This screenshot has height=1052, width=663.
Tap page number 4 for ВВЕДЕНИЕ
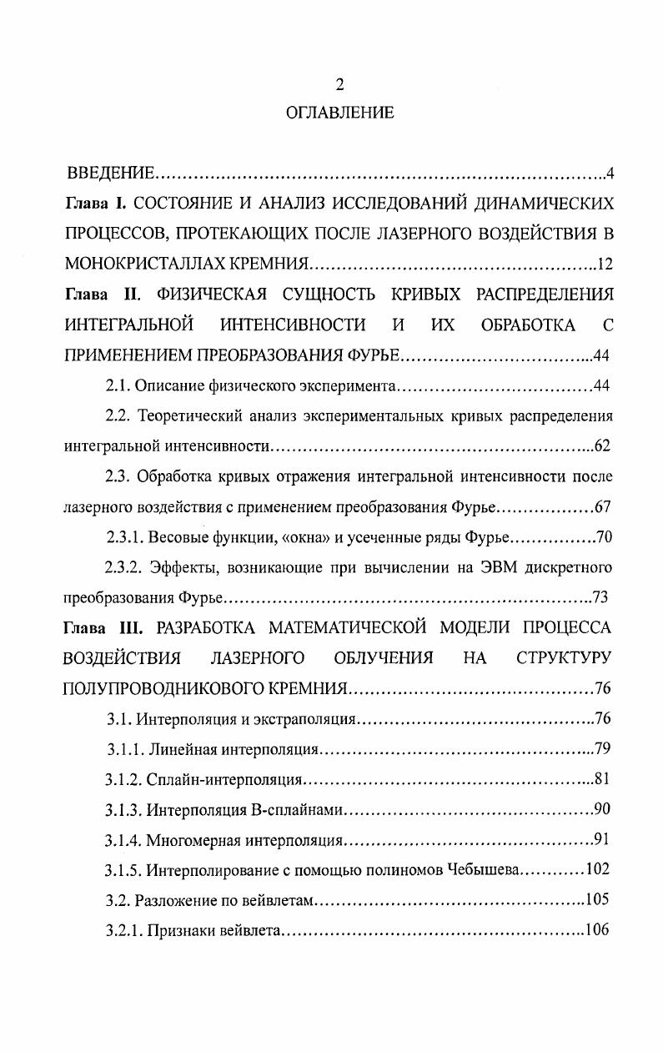(x=610, y=174)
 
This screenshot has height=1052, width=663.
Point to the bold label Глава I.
(x=96, y=204)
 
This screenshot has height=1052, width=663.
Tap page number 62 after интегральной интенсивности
(x=603, y=446)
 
